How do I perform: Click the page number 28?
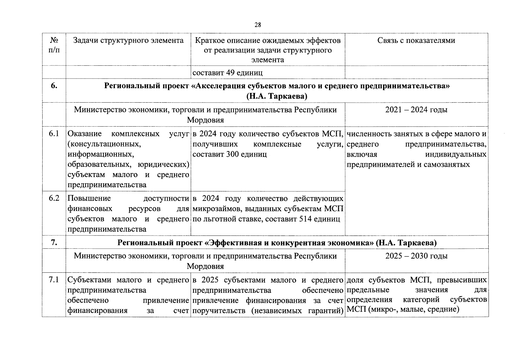tap(258, 25)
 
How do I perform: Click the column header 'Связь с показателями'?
tap(416, 40)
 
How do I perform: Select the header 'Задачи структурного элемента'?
tap(128, 40)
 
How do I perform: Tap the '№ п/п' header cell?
tap(54, 45)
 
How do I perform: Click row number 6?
tap(54, 86)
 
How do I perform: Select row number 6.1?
tap(54, 134)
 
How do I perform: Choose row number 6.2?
tap(54, 198)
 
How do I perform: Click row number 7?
tap(54, 243)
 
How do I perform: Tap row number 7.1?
tap(54, 280)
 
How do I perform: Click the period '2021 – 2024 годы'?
tap(416, 110)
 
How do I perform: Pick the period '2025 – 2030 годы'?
tap(416, 256)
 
